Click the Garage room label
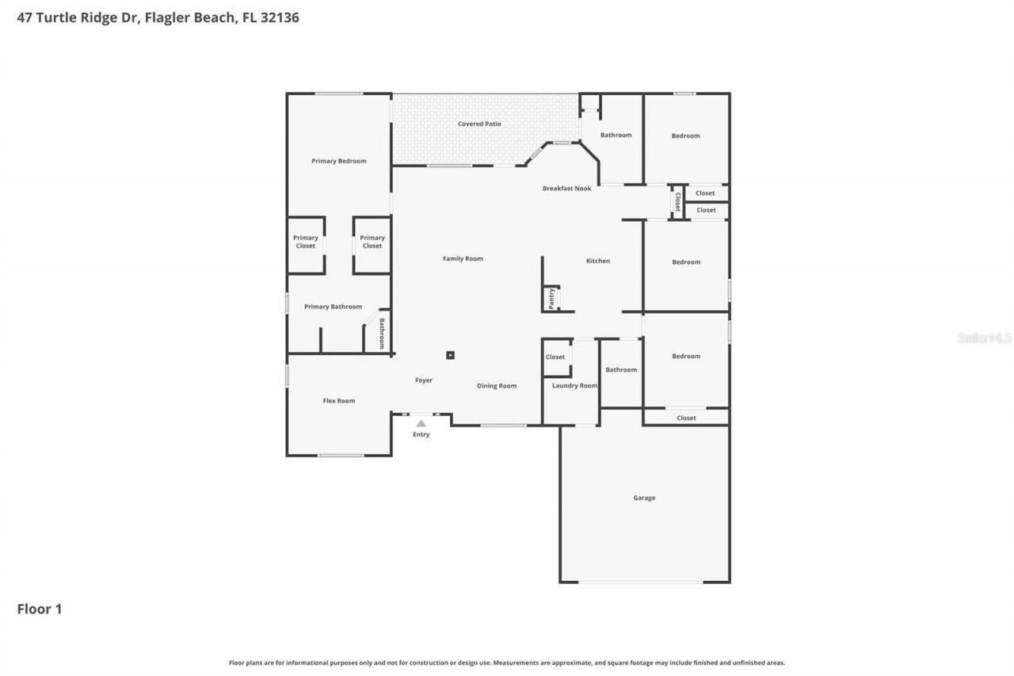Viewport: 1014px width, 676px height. point(644,498)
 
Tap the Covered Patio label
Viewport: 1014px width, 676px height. point(479,124)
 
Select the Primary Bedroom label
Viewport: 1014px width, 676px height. point(339,161)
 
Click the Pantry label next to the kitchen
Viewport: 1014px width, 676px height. point(551,298)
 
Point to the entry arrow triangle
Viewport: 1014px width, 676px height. point(421,423)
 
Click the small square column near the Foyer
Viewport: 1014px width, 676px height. point(450,355)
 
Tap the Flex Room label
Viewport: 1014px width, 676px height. point(339,400)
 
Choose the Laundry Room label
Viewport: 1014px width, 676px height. point(574,385)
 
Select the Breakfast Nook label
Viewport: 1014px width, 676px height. point(566,188)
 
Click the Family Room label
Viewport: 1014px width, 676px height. point(463,258)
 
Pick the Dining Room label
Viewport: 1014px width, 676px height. point(497,385)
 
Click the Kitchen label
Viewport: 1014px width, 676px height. point(598,261)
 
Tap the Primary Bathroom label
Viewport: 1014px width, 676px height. point(333,307)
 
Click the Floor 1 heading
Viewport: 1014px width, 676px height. point(40,609)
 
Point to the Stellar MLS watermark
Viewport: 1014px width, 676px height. point(984,338)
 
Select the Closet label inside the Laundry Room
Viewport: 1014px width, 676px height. point(555,357)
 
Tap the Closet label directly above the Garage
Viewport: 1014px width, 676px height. point(686,418)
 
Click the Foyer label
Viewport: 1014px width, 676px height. point(424,380)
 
